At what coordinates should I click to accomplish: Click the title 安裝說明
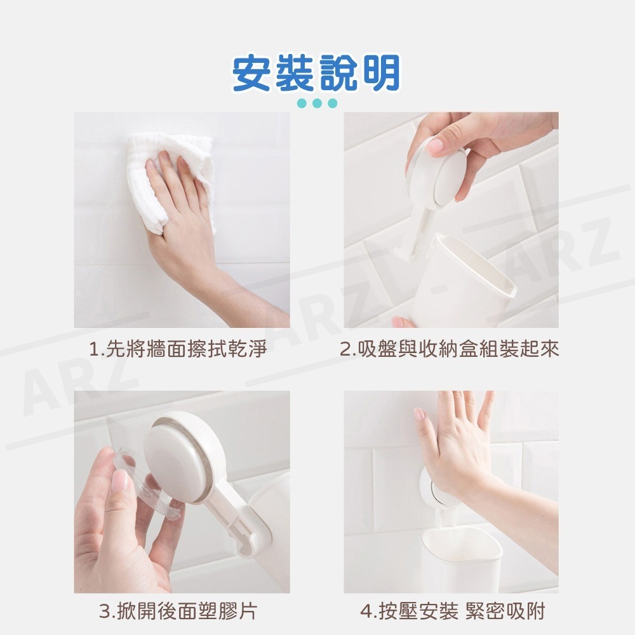[316, 74]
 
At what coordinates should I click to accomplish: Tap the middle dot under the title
[317, 104]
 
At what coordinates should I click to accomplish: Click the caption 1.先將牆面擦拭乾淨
[178, 350]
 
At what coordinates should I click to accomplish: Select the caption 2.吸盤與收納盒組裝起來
[450, 350]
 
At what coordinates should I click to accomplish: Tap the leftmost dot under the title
[302, 104]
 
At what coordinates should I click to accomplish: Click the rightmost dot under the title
[332, 104]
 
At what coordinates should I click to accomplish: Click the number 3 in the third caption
[106, 612]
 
